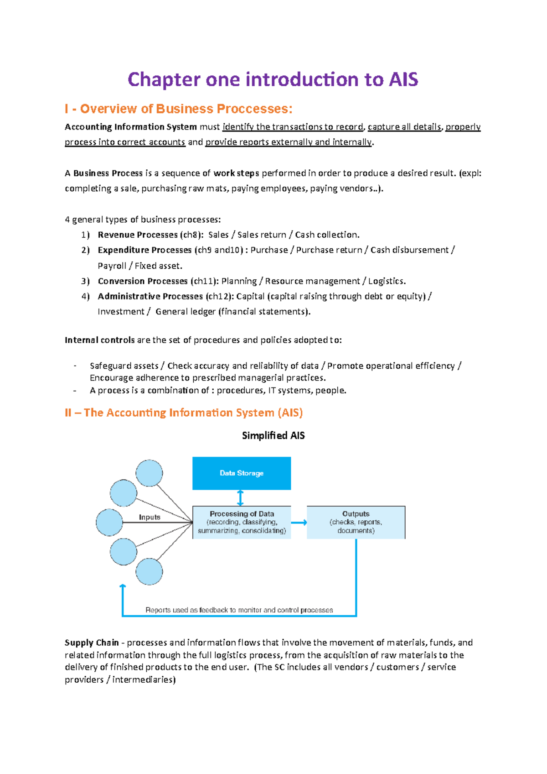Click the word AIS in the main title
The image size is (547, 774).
coord(403,79)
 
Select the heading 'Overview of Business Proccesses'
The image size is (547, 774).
coord(186,109)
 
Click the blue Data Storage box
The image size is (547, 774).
coord(242,473)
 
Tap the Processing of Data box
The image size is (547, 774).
coord(242,522)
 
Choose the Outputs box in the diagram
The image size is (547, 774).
coord(356,522)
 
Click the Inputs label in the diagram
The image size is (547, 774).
coord(150,517)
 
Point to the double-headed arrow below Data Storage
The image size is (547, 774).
coord(241,498)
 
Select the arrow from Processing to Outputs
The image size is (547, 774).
coord(299,523)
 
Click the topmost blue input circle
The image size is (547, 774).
coord(149,473)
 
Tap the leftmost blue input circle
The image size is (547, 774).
coord(109,522)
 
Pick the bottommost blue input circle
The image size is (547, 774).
coord(149,571)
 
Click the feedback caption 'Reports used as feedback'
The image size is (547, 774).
coord(239,610)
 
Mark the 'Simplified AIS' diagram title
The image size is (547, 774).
coord(273,435)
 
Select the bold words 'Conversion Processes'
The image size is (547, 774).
coord(143,281)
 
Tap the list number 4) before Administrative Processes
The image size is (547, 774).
coord(86,297)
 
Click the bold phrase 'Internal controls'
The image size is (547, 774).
coord(99,340)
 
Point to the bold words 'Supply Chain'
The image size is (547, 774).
coord(92,643)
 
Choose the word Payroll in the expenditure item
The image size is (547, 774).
coord(112,266)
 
